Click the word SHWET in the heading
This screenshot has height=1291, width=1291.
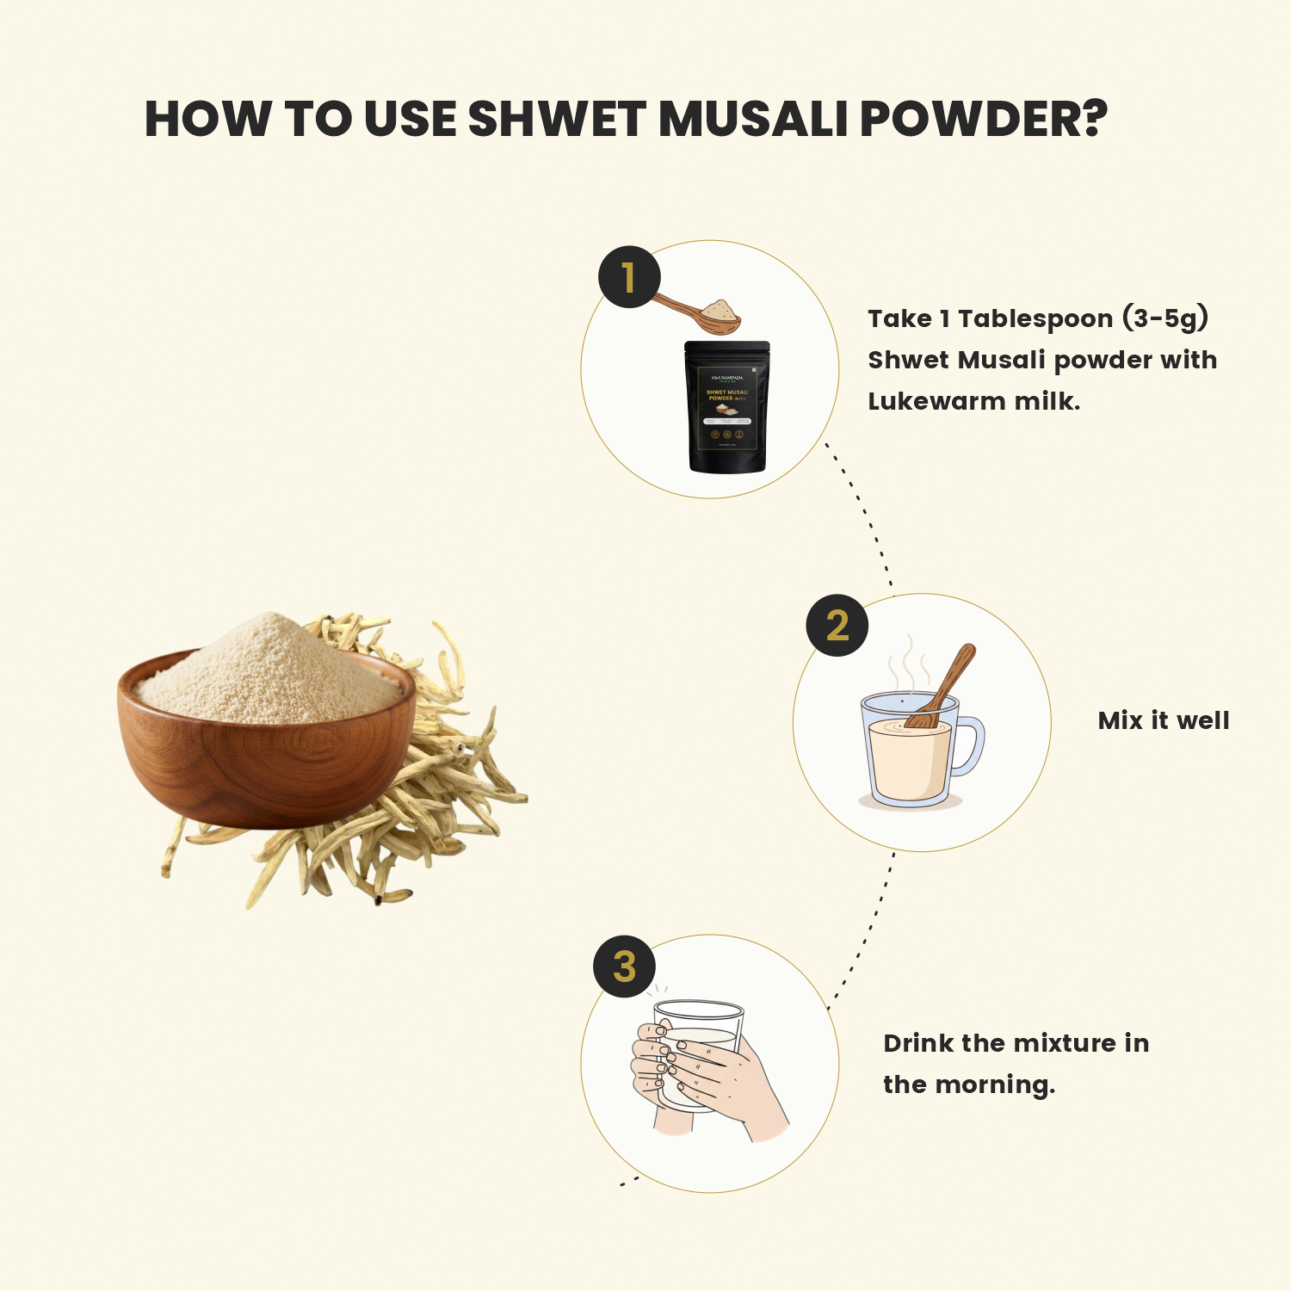[556, 119]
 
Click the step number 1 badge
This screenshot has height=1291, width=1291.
[629, 277]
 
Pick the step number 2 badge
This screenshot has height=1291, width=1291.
[837, 626]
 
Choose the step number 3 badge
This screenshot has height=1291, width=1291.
[625, 967]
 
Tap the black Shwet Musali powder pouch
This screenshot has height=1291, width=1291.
[726, 407]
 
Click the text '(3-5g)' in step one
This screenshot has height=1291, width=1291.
[1165, 318]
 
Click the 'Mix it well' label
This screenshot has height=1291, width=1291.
[1163, 720]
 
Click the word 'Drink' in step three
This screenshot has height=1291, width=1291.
[918, 1043]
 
